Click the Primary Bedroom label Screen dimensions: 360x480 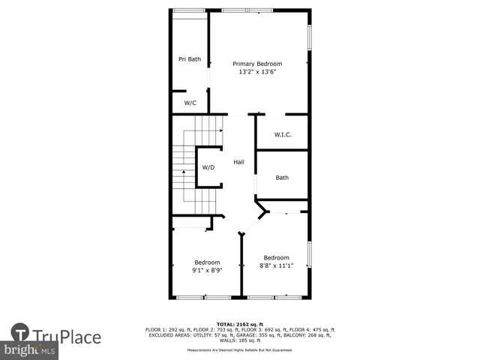(257, 64)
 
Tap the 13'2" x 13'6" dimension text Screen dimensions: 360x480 (257, 72)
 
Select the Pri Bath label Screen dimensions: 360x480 (189, 59)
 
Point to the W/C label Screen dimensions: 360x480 (190, 103)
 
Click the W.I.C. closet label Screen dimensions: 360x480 (282, 135)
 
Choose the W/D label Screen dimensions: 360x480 (208, 167)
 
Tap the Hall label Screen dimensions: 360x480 (238, 162)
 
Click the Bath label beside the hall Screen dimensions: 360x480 (282, 178)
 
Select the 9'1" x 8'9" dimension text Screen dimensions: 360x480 (207, 270)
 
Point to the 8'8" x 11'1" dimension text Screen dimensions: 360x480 (276, 265)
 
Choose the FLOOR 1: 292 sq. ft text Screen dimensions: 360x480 (165, 330)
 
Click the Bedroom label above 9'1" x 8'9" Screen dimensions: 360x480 (207, 262)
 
